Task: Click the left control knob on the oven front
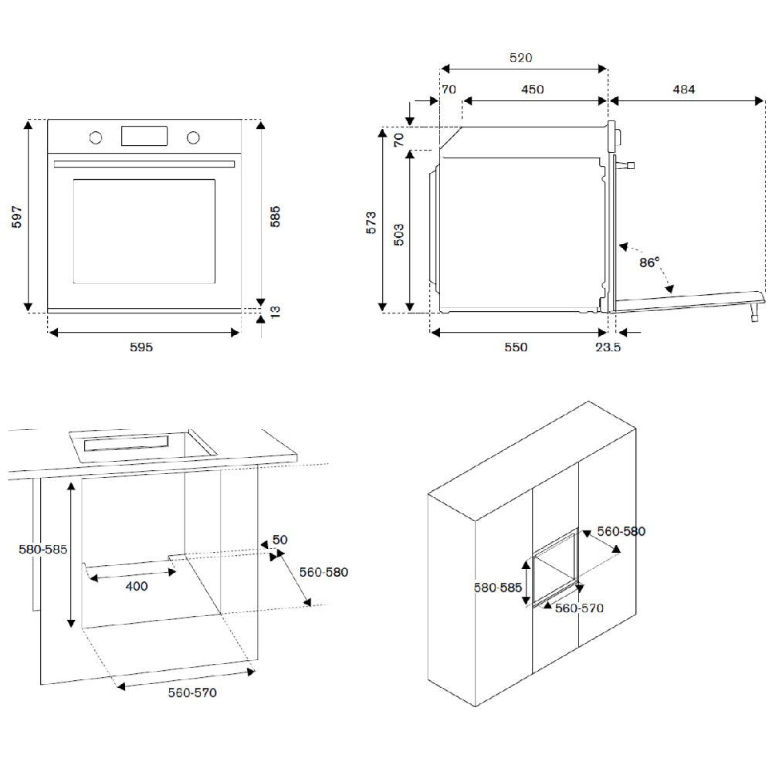[96, 137]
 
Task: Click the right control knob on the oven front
[193, 137]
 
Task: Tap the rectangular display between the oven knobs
[144, 136]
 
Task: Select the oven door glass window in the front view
[144, 231]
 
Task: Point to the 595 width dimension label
[141, 347]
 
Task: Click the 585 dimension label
[275, 216]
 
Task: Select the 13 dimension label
[275, 311]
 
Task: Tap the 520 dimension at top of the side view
[521, 58]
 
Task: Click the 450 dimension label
[533, 90]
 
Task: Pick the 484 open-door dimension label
[683, 90]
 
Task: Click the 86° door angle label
[649, 262]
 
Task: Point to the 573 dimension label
[371, 222]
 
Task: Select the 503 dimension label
[399, 234]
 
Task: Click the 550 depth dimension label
[516, 347]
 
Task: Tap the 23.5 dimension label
[608, 347]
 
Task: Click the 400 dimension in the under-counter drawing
[136, 586]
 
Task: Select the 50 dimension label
[279, 540]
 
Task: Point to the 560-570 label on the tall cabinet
[580, 608]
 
